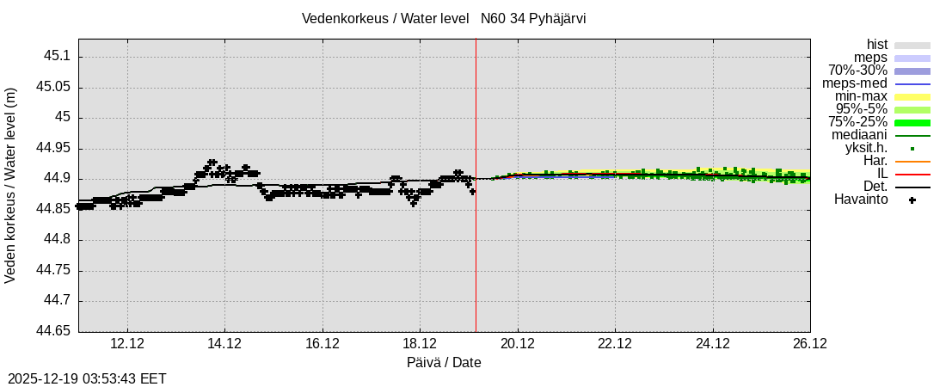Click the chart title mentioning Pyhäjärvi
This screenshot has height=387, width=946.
pos(444,18)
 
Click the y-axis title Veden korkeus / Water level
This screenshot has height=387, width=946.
pos(11,185)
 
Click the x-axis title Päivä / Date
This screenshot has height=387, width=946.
pos(444,363)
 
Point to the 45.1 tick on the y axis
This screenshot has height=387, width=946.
pos(55,56)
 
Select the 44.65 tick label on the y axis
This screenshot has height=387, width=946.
pos(52,331)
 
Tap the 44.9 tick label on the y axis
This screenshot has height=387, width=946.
pos(55,179)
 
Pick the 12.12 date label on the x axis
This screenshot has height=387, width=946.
pos(126,343)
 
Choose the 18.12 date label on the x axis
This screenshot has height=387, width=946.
pos(420,343)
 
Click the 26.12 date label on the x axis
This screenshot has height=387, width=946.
pos(810,343)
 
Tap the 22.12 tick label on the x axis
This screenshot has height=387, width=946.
pos(615,343)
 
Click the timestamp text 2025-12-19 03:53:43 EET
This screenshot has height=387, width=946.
pos(87,378)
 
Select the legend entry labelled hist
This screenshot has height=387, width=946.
pos(877,45)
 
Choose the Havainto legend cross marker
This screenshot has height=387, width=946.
pos(912,200)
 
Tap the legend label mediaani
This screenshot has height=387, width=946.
pos(859,135)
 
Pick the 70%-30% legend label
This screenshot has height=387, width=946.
pos(857,71)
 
